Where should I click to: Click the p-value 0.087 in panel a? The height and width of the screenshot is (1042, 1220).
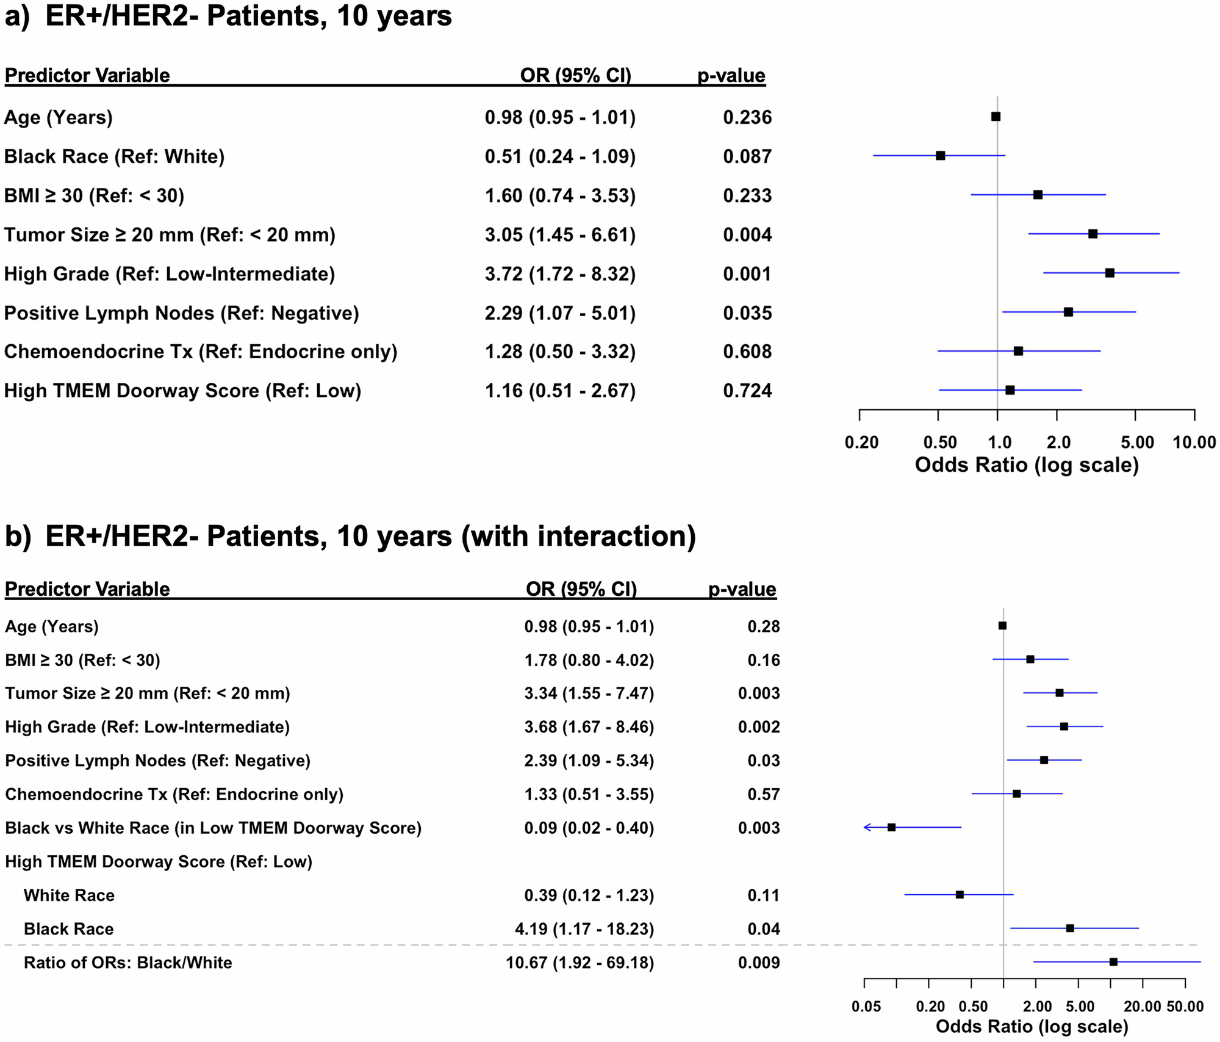(x=747, y=157)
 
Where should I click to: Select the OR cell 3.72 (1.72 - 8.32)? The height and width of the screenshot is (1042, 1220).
(x=560, y=274)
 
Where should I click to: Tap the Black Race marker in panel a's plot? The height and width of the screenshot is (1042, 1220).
(x=941, y=156)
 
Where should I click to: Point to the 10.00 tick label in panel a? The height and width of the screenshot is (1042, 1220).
(x=1194, y=443)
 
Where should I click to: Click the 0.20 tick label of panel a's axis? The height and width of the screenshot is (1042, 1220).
(x=861, y=443)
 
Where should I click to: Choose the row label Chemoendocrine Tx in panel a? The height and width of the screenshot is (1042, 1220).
(x=201, y=352)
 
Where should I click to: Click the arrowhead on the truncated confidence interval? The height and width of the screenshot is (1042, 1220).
(x=867, y=827)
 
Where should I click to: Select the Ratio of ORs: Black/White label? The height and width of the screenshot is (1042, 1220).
(x=127, y=963)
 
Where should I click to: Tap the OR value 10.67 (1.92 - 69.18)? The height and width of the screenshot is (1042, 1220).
(x=579, y=963)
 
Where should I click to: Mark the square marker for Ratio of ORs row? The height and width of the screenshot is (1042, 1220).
(x=1113, y=961)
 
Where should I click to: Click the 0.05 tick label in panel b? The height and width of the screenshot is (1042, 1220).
(x=866, y=1007)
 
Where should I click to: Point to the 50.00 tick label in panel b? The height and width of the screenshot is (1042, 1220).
(x=1185, y=1007)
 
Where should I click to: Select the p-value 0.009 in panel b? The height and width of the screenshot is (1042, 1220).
(x=759, y=963)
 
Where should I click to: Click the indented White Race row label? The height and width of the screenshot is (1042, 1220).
(x=69, y=895)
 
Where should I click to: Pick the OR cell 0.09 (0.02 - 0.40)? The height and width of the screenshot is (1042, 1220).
(x=589, y=828)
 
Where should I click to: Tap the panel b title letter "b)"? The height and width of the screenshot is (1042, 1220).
(x=18, y=537)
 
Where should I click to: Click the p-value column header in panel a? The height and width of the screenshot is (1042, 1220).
(x=731, y=76)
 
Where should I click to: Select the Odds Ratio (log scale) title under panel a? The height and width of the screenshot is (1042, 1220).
(x=1027, y=465)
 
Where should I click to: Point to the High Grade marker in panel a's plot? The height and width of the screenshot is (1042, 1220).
(x=1110, y=273)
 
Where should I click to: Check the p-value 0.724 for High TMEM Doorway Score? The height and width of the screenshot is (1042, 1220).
(x=747, y=391)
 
